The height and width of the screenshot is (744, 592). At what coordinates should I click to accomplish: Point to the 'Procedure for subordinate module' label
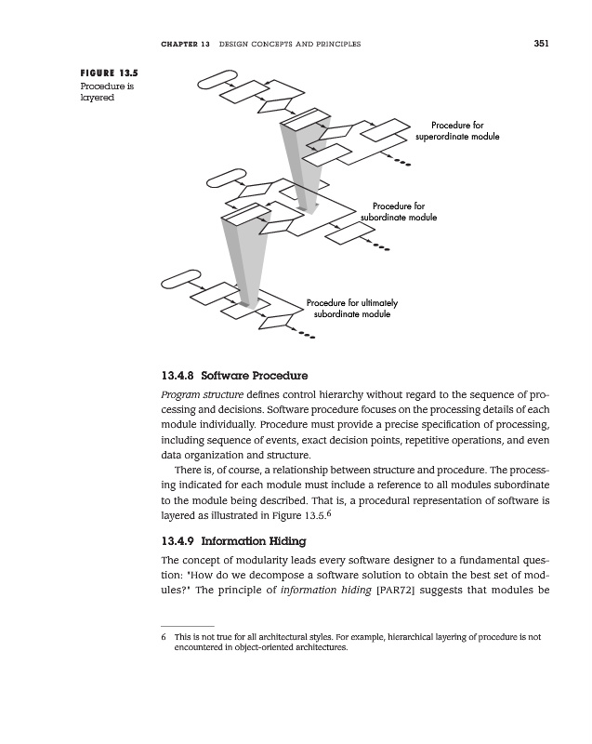pyautogui.click(x=398, y=211)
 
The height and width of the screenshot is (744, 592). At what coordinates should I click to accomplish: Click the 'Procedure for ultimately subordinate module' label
pyautogui.click(x=352, y=309)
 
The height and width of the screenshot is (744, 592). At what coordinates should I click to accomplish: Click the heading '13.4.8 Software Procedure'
pyautogui.click(x=234, y=377)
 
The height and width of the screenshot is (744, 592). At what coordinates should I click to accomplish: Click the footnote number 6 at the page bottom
pyautogui.click(x=164, y=638)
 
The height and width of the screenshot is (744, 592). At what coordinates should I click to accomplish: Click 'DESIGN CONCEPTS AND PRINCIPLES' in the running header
pyautogui.click(x=288, y=45)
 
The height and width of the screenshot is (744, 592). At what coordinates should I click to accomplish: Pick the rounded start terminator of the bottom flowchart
pyautogui.click(x=181, y=276)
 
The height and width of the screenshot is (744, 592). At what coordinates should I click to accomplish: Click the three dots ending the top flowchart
pyautogui.click(x=401, y=166)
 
